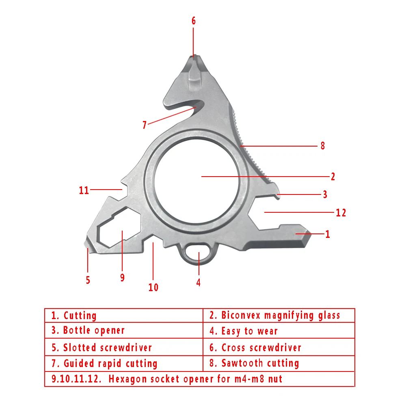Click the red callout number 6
(194, 21)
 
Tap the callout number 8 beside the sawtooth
(323, 146)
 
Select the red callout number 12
(341, 212)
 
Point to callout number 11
(84, 190)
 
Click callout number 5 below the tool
(88, 280)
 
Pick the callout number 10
(153, 287)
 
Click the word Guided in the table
(78, 363)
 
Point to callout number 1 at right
(328, 234)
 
